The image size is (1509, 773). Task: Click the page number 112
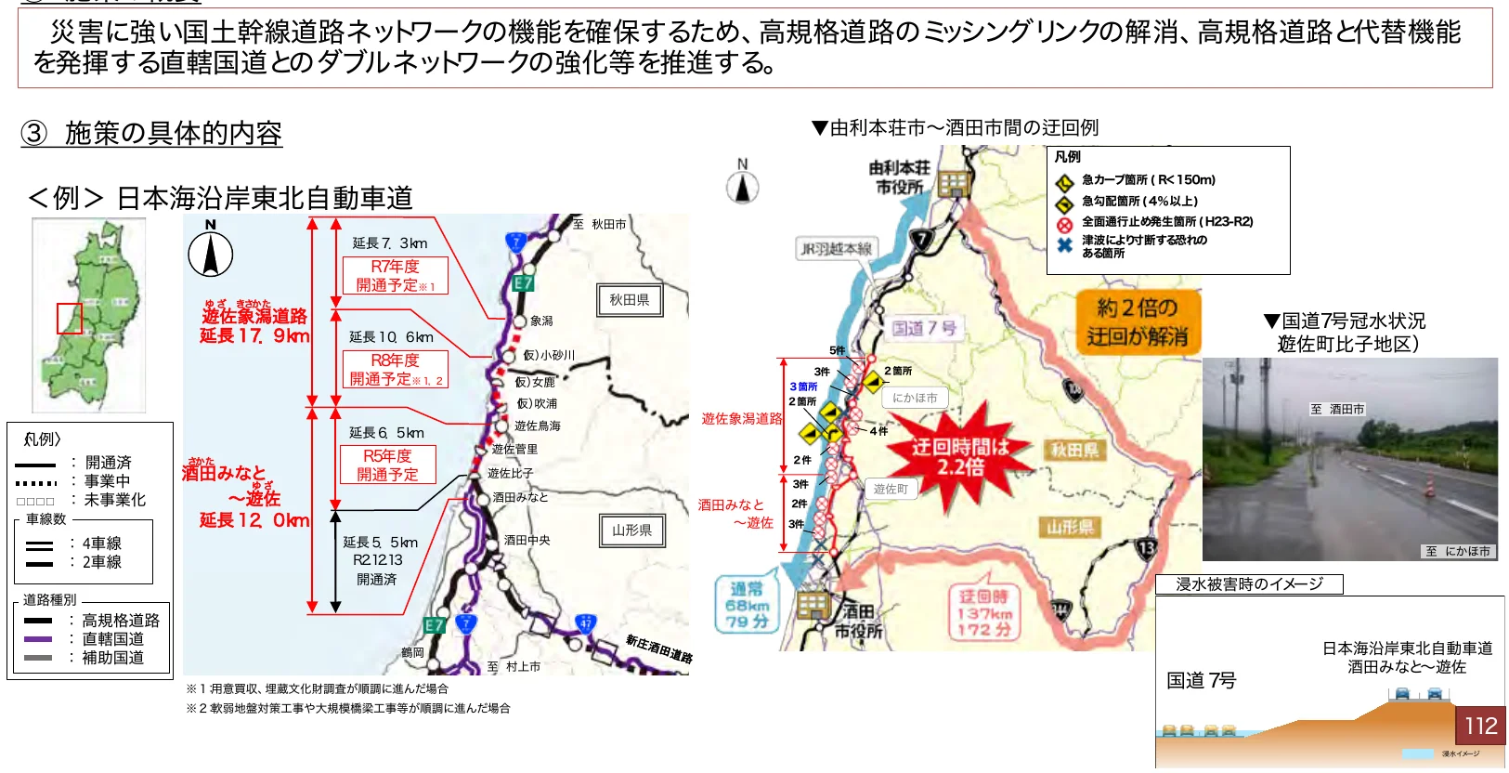click(1480, 725)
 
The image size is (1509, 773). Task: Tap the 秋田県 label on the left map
click(629, 300)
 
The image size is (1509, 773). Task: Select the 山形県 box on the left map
click(631, 530)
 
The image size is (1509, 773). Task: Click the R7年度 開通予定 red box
click(395, 276)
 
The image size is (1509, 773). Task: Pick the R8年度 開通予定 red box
click(395, 369)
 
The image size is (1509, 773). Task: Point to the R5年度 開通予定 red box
click(387, 465)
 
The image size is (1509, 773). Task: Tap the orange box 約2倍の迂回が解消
click(1137, 321)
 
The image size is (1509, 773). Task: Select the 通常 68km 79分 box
click(747, 605)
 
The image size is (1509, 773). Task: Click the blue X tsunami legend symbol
click(1064, 245)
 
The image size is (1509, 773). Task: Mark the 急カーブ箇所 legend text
click(1148, 180)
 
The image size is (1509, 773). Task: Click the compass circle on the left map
click(211, 254)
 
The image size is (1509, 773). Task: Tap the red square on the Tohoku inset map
click(70, 318)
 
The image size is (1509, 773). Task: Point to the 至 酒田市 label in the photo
click(1337, 409)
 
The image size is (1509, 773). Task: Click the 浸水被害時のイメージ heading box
click(1249, 584)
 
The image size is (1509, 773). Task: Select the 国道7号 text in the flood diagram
click(1201, 681)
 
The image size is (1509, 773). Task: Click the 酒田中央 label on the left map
click(527, 540)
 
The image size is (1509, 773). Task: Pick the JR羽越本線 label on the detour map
click(836, 249)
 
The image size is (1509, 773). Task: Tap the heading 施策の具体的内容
click(173, 134)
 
